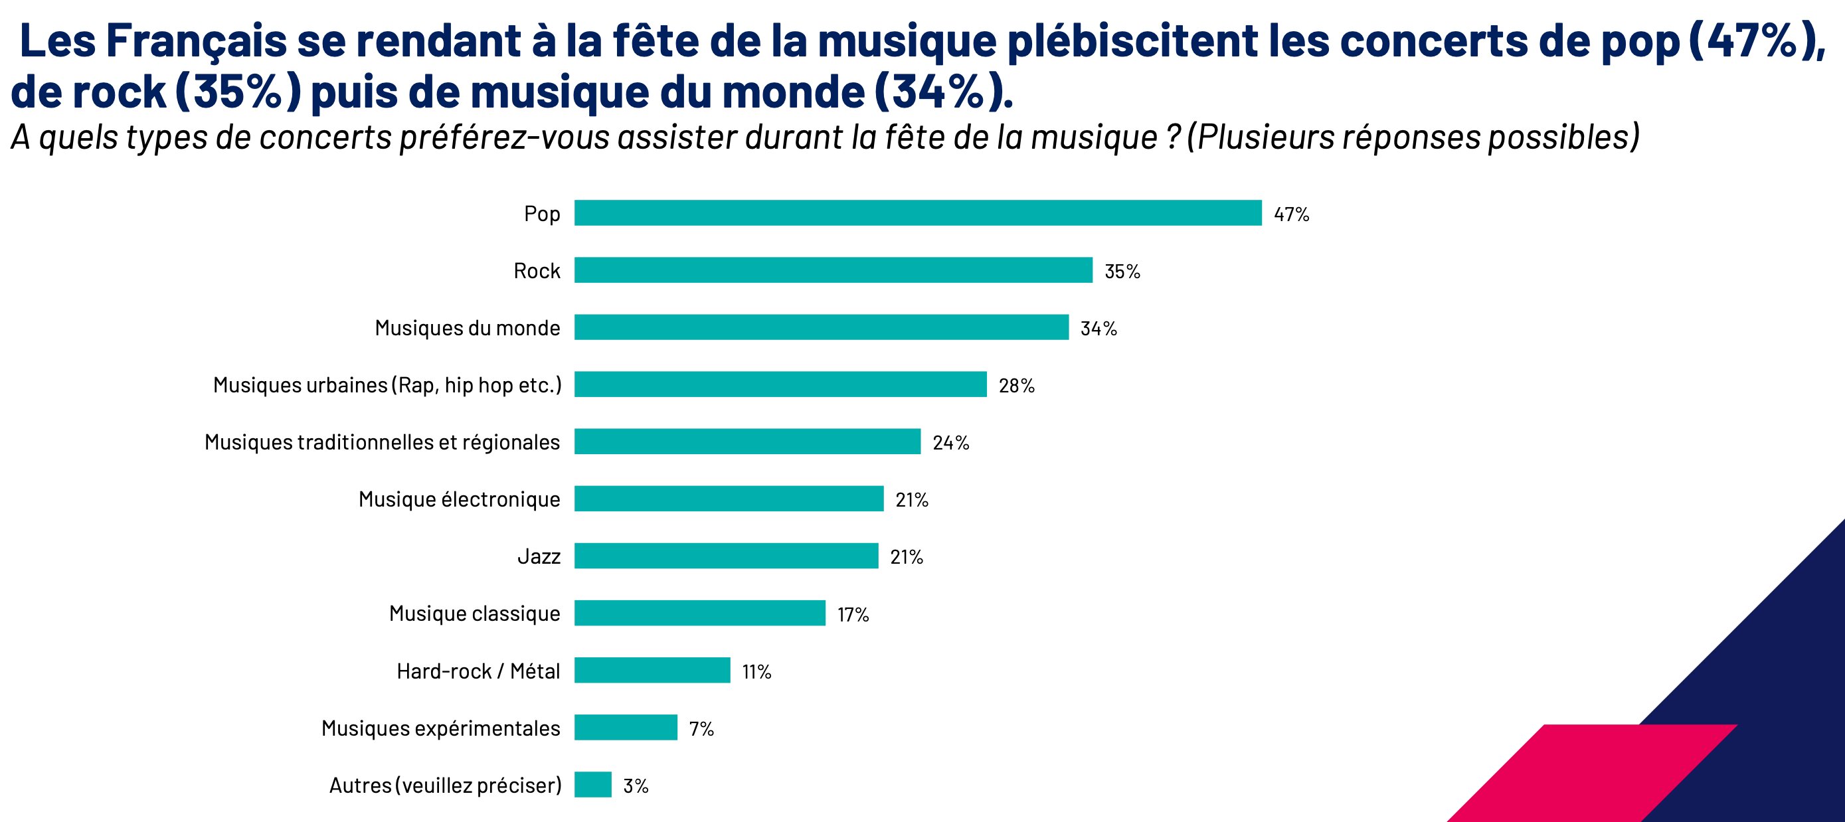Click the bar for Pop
917,213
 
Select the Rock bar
833,271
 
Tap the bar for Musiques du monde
821,327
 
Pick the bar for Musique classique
700,613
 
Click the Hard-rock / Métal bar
652,670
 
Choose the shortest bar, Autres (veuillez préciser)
593,785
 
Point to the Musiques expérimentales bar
625,728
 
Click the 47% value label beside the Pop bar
1291,214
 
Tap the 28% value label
1016,386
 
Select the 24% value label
950,444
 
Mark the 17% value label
853,614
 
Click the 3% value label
636,786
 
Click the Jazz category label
539,556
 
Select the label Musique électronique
459,499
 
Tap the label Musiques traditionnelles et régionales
382,442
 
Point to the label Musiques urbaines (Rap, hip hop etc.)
387,385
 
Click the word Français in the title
195,42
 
